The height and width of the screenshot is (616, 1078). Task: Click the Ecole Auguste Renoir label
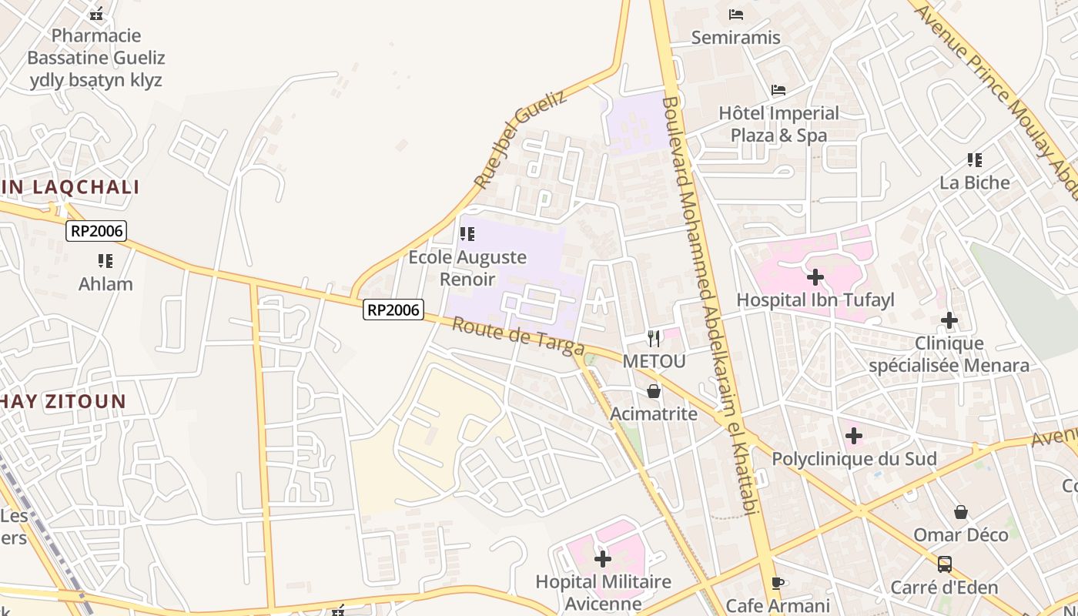(467, 268)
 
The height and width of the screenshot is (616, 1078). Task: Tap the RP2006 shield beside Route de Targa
(393, 310)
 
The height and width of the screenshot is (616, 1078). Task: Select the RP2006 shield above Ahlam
(96, 230)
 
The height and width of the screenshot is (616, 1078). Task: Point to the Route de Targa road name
(517, 337)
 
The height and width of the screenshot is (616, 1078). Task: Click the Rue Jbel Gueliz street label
(520, 139)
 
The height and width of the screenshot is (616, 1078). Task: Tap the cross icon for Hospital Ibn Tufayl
(815, 277)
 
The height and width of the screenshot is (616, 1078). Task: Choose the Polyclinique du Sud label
(854, 459)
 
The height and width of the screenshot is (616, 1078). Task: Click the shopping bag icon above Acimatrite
(654, 392)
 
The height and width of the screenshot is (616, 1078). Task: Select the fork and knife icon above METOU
(654, 338)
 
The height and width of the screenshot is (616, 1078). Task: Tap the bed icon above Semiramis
(736, 14)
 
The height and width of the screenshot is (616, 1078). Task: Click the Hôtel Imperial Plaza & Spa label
(778, 124)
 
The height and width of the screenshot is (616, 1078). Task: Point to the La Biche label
(974, 182)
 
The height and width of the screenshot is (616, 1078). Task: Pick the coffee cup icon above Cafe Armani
(778, 583)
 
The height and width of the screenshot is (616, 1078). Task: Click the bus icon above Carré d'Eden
(945, 564)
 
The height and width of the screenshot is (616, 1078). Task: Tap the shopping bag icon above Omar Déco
(961, 512)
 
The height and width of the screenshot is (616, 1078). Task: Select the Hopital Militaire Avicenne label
(603, 592)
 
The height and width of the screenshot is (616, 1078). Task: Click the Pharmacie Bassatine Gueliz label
(95, 57)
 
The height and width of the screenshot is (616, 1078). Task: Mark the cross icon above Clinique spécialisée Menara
(949, 320)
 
